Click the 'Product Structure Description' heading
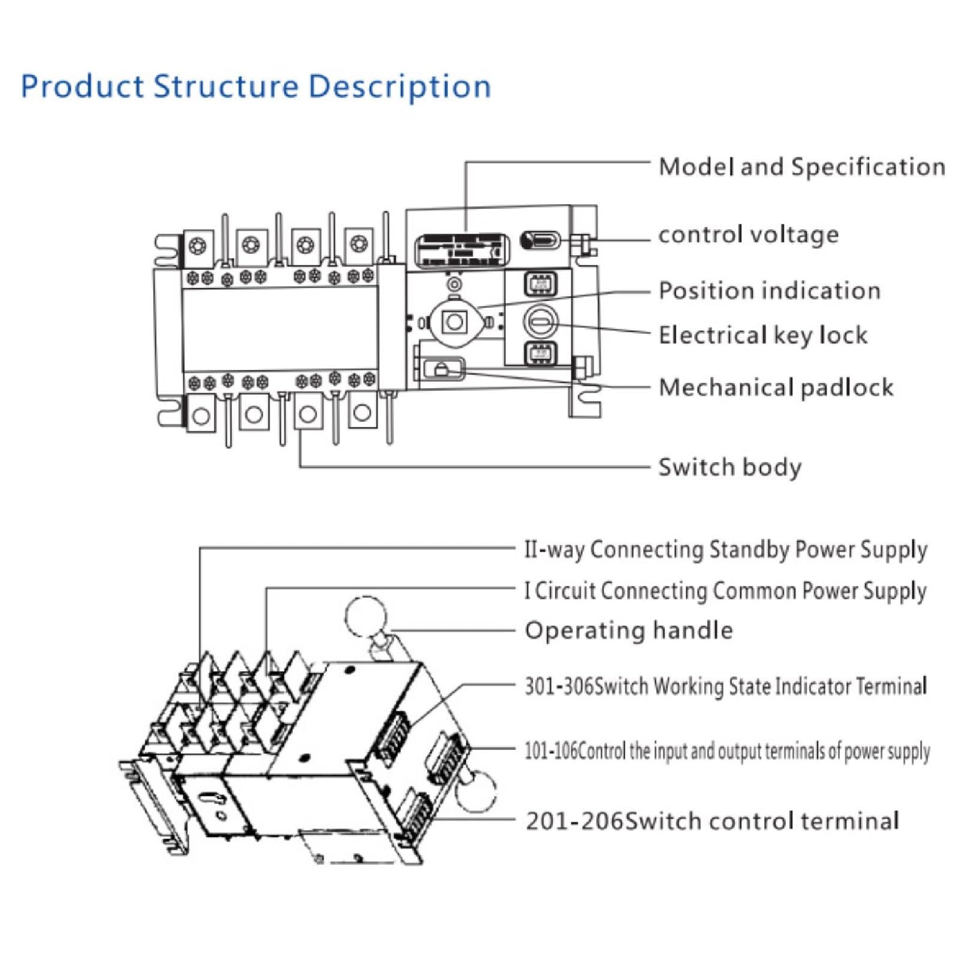point(256,86)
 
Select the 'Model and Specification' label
point(802,167)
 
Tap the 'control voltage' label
point(749,234)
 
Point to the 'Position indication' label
point(770,291)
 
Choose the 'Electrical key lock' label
point(763,335)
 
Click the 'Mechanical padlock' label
point(776,387)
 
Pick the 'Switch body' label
point(730,467)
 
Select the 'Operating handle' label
point(629,631)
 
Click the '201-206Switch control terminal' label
point(712,821)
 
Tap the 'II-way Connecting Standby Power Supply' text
point(726,550)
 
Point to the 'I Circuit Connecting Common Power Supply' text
point(726,591)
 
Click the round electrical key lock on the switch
point(541,322)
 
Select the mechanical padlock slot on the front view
point(443,369)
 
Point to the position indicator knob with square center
point(454,322)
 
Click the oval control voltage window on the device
point(540,241)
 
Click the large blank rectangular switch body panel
point(280,329)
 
